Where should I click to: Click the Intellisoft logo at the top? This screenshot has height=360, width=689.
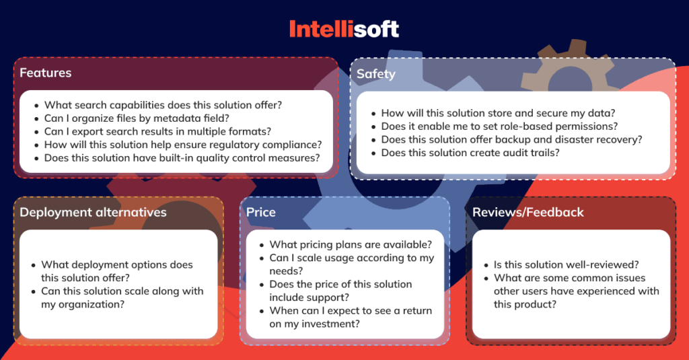(x=344, y=29)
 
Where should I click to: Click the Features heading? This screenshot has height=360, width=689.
(x=45, y=73)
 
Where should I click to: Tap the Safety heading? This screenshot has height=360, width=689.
(x=375, y=74)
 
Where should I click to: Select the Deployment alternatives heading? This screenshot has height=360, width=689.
(x=93, y=213)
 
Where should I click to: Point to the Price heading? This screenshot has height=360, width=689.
(x=260, y=213)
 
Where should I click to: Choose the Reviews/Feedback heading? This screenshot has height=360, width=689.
(x=528, y=213)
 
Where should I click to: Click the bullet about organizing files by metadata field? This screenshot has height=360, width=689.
(x=137, y=118)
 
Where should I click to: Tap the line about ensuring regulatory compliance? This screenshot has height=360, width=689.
(x=182, y=145)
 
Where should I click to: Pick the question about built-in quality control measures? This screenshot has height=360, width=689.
(x=181, y=158)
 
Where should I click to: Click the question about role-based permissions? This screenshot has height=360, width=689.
(x=499, y=127)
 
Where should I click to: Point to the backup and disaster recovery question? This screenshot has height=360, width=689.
(x=511, y=140)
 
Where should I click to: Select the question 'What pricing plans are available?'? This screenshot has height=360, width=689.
(x=351, y=245)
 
